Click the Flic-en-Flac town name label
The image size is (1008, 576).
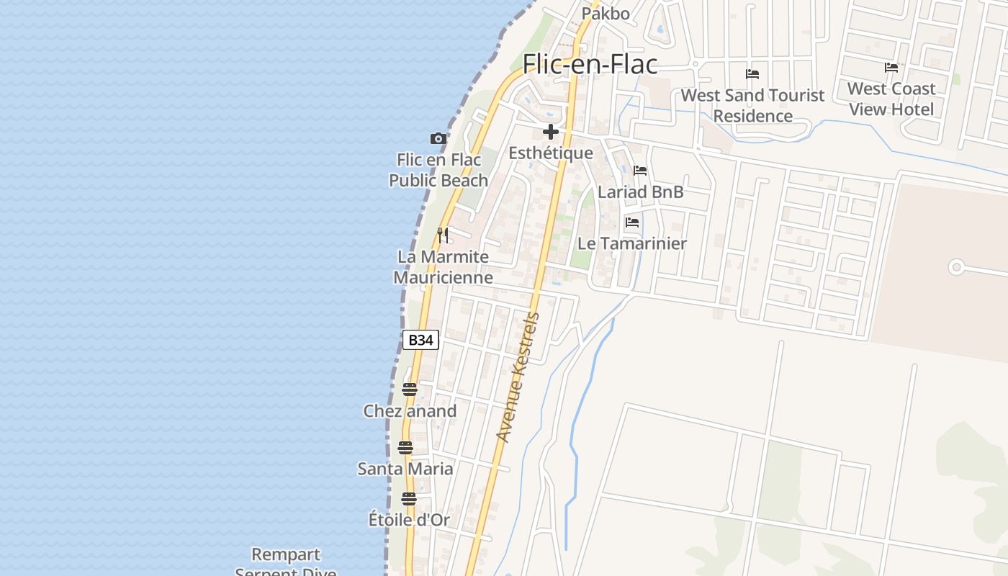(x=590, y=64)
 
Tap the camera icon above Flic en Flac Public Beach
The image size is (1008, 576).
(x=438, y=138)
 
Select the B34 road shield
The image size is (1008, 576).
(x=420, y=340)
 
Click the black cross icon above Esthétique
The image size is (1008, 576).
(x=551, y=132)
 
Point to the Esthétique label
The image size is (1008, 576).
(x=551, y=153)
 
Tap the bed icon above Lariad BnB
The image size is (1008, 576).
(x=640, y=171)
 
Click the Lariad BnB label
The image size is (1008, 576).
(x=640, y=192)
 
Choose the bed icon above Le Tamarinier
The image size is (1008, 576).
(x=632, y=222)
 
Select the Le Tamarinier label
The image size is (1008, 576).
(x=632, y=243)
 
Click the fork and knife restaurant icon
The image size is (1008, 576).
(x=443, y=235)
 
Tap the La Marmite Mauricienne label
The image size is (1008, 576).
(x=443, y=267)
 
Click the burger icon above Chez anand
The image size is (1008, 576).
(x=410, y=390)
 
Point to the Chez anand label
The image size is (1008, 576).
(x=410, y=411)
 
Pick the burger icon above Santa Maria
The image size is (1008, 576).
(x=405, y=447)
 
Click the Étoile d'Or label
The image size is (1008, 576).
(x=409, y=519)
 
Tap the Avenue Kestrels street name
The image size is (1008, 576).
(x=518, y=377)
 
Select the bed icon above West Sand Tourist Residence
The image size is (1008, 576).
(x=752, y=74)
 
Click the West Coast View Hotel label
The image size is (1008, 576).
(x=891, y=99)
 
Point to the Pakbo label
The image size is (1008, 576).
(x=606, y=13)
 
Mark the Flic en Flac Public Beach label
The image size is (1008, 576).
(x=438, y=170)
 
